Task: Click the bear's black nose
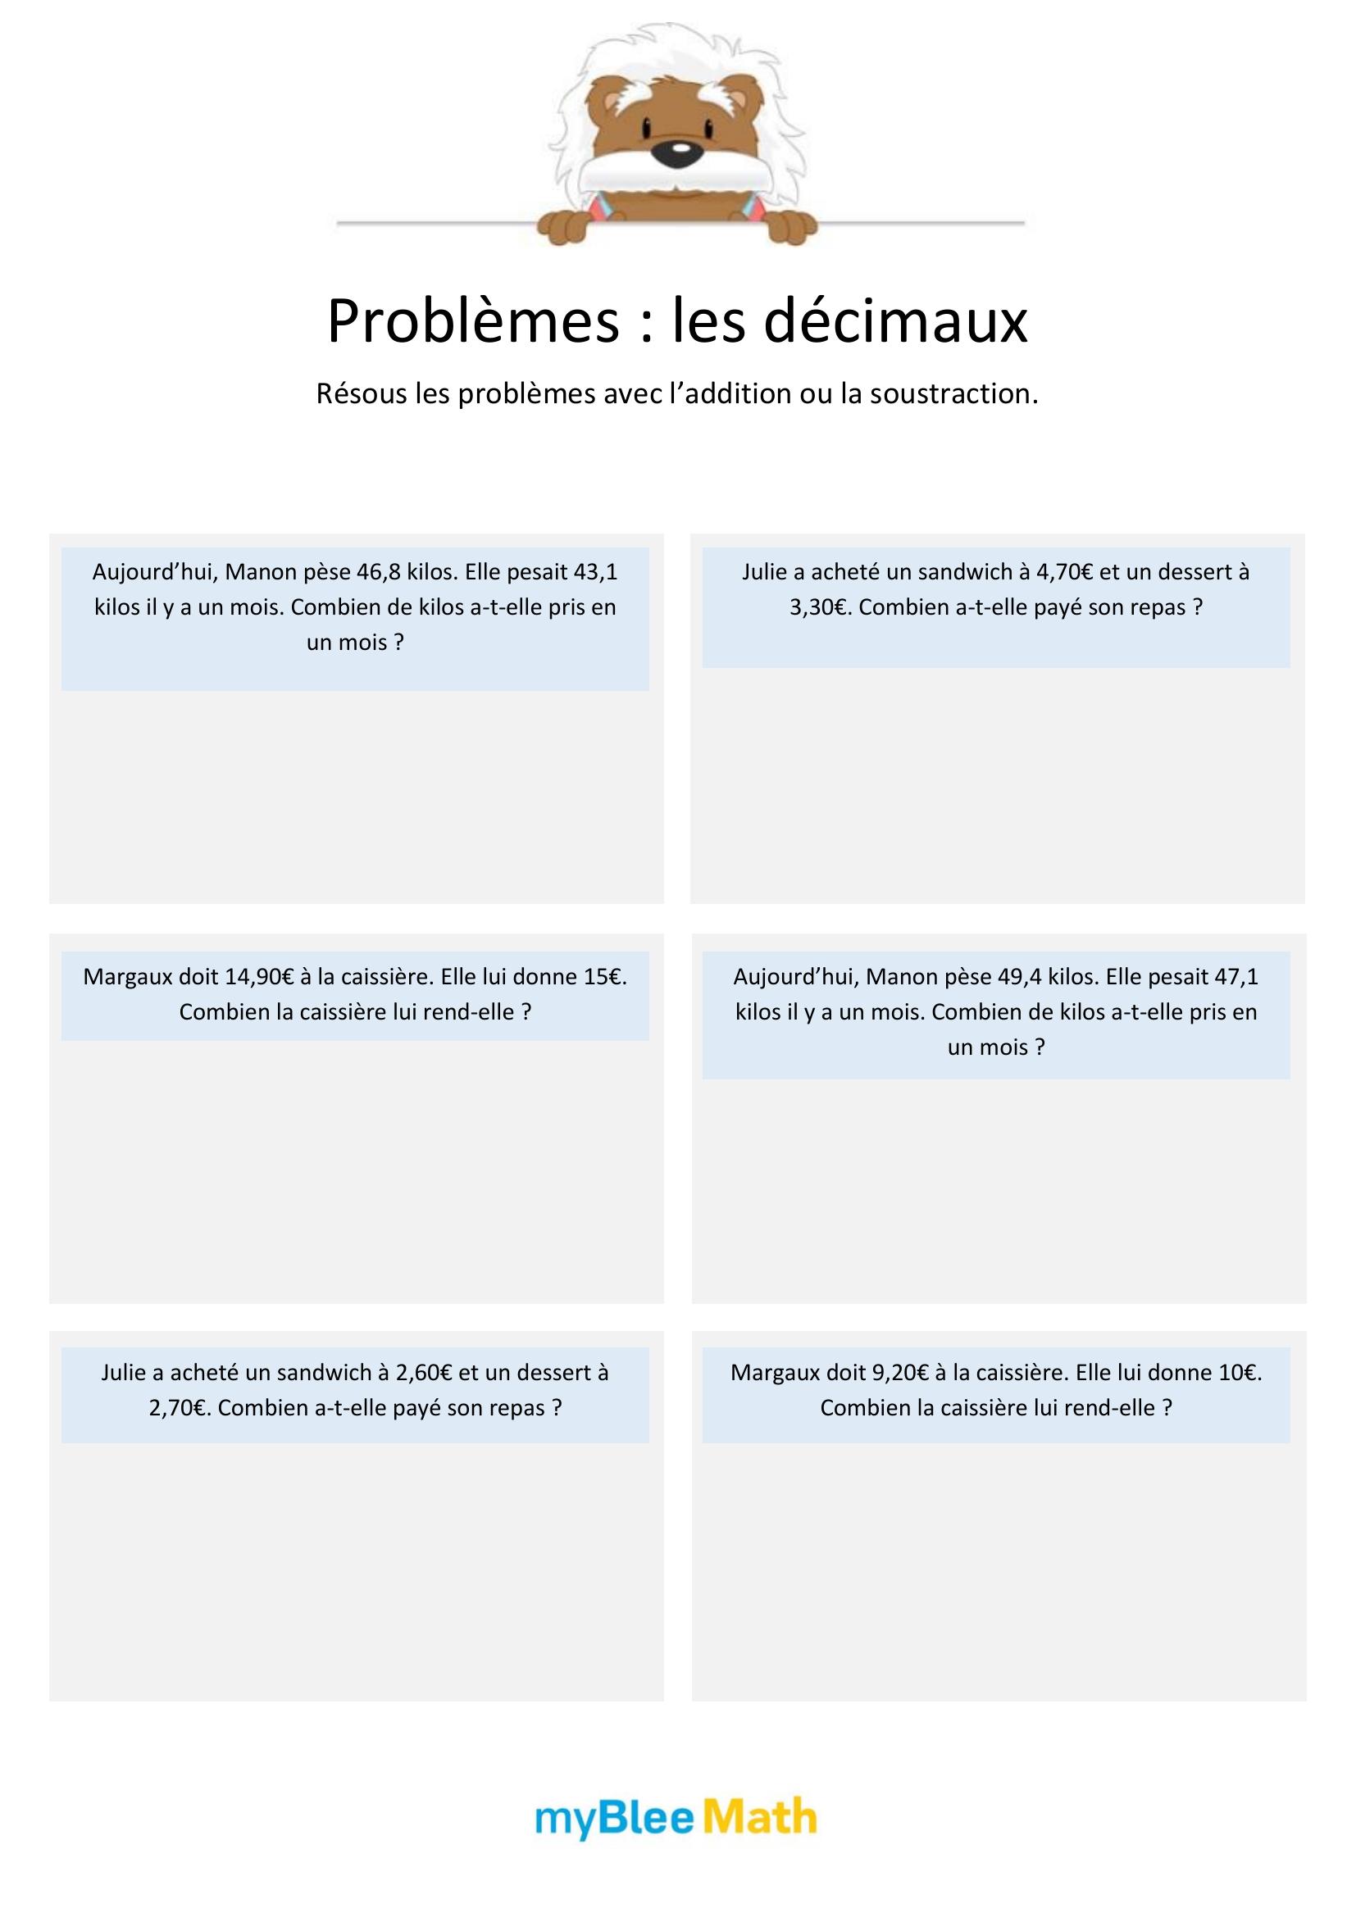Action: click(x=680, y=152)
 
